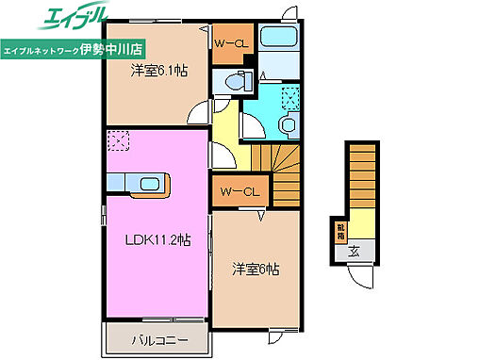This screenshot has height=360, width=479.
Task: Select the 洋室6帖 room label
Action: pyautogui.click(x=256, y=269)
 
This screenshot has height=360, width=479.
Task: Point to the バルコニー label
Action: pyautogui.click(x=154, y=338)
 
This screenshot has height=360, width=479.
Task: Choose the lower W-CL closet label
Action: pyautogui.click(x=240, y=192)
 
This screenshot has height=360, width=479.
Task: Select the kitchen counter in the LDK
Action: pyautogui.click(x=137, y=183)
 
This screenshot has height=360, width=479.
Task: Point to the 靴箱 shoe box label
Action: pyautogui.click(x=339, y=231)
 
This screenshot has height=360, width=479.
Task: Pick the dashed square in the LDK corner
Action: pyautogui.click(x=119, y=140)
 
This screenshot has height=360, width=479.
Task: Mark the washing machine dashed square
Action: pyautogui.click(x=291, y=96)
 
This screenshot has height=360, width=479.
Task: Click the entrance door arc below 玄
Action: pyautogui.click(x=358, y=277)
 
